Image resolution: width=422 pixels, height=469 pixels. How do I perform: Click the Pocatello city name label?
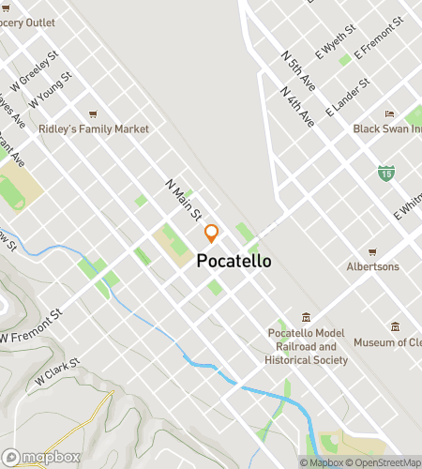pyautogui.click(x=234, y=263)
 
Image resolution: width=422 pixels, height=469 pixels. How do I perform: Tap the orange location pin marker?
pyautogui.click(x=212, y=233)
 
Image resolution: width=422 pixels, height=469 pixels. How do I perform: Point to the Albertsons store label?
pyautogui.click(x=372, y=266)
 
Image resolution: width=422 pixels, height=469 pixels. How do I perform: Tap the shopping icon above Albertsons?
pyautogui.click(x=372, y=252)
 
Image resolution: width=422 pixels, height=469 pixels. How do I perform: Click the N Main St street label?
pyautogui.click(x=183, y=199)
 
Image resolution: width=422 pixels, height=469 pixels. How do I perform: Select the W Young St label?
pyautogui.click(x=50, y=89)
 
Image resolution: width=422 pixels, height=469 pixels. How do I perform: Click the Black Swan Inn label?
pyautogui.click(x=387, y=129)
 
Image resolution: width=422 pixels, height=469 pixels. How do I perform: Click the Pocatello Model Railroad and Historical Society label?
pyautogui.click(x=307, y=346)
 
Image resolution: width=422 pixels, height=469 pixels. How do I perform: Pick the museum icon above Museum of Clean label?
pyautogui.click(x=395, y=327)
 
